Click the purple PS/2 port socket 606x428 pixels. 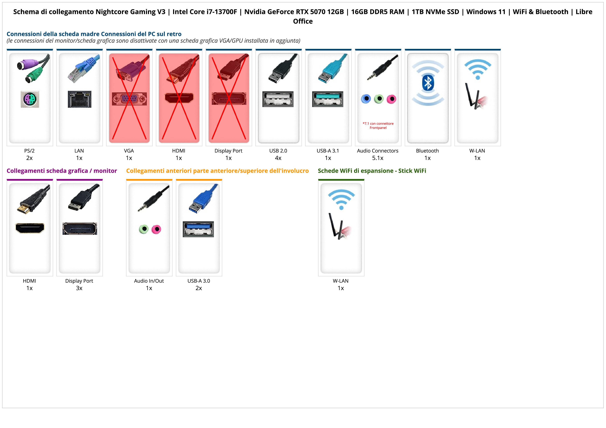pos(30,99)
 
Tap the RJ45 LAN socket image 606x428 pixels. pos(79,99)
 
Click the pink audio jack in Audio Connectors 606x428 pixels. pos(391,99)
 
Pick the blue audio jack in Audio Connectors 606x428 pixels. pos(366,99)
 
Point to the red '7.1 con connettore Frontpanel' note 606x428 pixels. pos(378,126)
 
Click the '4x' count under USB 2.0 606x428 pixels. pos(278,158)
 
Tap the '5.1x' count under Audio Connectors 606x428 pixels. pos(378,158)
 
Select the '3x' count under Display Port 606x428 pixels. pos(79,288)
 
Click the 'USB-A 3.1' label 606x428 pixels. pos(328,151)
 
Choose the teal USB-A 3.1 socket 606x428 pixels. pos(328,99)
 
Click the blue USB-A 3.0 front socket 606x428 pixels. pos(198,229)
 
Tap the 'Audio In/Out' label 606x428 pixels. pos(149,281)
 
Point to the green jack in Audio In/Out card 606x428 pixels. pos(144,229)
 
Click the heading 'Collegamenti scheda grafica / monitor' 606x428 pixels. pos(62,171)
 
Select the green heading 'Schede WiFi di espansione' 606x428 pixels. pos(372,171)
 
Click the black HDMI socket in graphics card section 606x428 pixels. pos(30,228)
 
